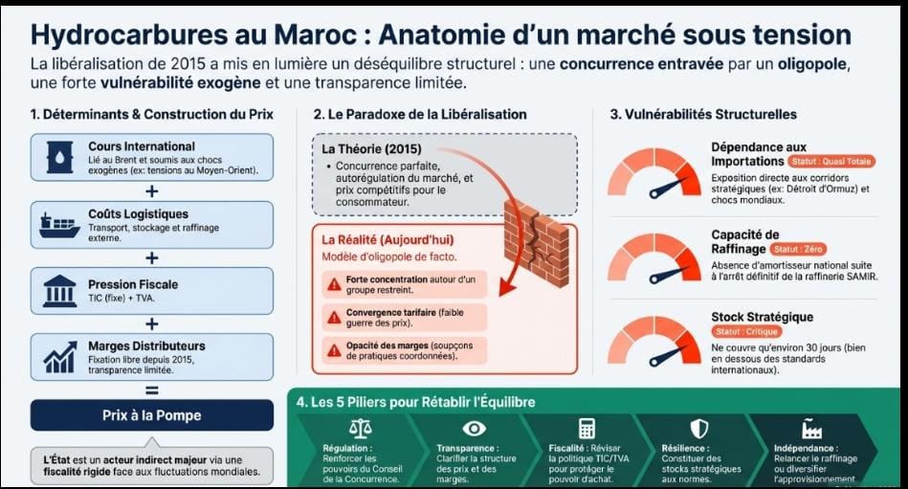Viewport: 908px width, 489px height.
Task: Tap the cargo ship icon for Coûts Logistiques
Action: click(59, 224)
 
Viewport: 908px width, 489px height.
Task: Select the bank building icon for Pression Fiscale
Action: click(59, 289)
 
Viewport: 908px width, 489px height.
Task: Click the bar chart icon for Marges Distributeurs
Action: click(59, 355)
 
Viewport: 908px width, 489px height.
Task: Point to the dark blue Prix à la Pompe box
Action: click(151, 416)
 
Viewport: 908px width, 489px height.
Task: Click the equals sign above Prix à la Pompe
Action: click(151, 389)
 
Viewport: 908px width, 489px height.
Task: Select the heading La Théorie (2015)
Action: click(371, 149)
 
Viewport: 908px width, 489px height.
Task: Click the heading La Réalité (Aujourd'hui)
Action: click(388, 239)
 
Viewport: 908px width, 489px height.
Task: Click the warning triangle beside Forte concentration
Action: click(334, 284)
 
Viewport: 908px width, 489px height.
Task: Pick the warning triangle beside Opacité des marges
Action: click(334, 350)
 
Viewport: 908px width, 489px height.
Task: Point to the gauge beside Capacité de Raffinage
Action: click(653, 254)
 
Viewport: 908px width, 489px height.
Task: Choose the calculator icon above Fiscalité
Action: click(587, 428)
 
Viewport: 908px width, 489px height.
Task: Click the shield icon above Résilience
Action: click(698, 428)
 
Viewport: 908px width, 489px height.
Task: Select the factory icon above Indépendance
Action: click(812, 428)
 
